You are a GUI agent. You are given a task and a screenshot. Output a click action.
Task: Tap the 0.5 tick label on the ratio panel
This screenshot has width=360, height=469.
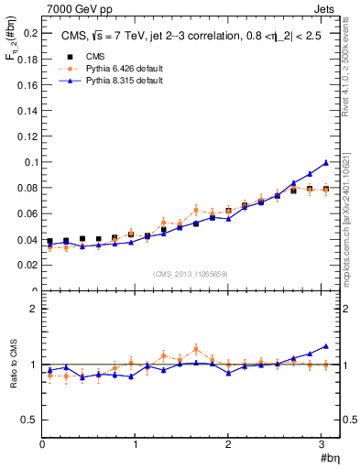[28, 420]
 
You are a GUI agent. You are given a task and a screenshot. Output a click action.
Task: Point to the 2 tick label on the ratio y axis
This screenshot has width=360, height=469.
[33, 309]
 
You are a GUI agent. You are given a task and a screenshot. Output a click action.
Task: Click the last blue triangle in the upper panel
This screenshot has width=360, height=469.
[325, 163]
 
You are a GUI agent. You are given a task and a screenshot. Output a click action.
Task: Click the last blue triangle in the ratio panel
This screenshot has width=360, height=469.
[325, 346]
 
